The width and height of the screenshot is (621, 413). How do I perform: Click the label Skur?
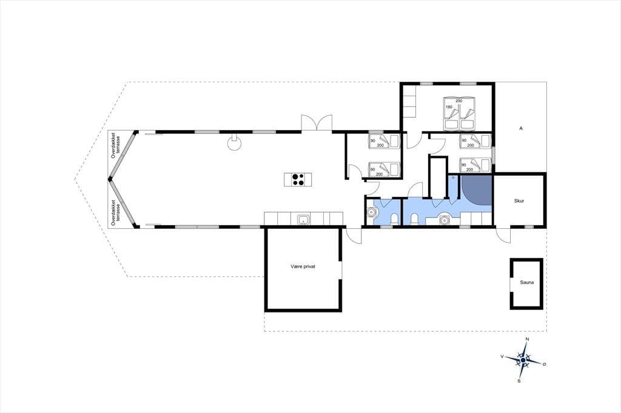coord(519,201)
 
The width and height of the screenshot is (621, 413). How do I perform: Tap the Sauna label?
coord(527,282)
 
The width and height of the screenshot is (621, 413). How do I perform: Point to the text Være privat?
coord(303,267)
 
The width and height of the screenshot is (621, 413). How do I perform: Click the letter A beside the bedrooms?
coord(521,128)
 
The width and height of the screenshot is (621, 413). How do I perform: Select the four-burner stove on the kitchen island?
coord(298,180)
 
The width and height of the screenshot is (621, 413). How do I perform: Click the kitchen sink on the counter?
coord(303,220)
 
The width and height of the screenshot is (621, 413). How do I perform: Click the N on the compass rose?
coord(527,339)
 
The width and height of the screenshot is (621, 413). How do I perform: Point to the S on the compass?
coord(519,381)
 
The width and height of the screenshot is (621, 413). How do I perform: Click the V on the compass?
coord(502,357)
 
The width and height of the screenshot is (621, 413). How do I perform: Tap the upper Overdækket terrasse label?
coord(115,145)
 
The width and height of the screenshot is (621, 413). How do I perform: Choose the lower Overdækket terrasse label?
coord(115,213)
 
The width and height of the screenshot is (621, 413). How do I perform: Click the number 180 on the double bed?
coord(449,107)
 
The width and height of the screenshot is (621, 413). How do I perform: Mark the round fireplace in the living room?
coord(234,144)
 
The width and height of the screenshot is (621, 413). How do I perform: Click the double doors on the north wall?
coord(317,123)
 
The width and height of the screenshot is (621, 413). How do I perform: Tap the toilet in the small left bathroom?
coord(394,219)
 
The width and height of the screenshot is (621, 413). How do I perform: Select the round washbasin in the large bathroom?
coord(445,219)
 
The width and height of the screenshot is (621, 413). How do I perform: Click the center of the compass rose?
coord(523,360)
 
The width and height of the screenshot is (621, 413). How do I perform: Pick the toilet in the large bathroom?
coord(414,219)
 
